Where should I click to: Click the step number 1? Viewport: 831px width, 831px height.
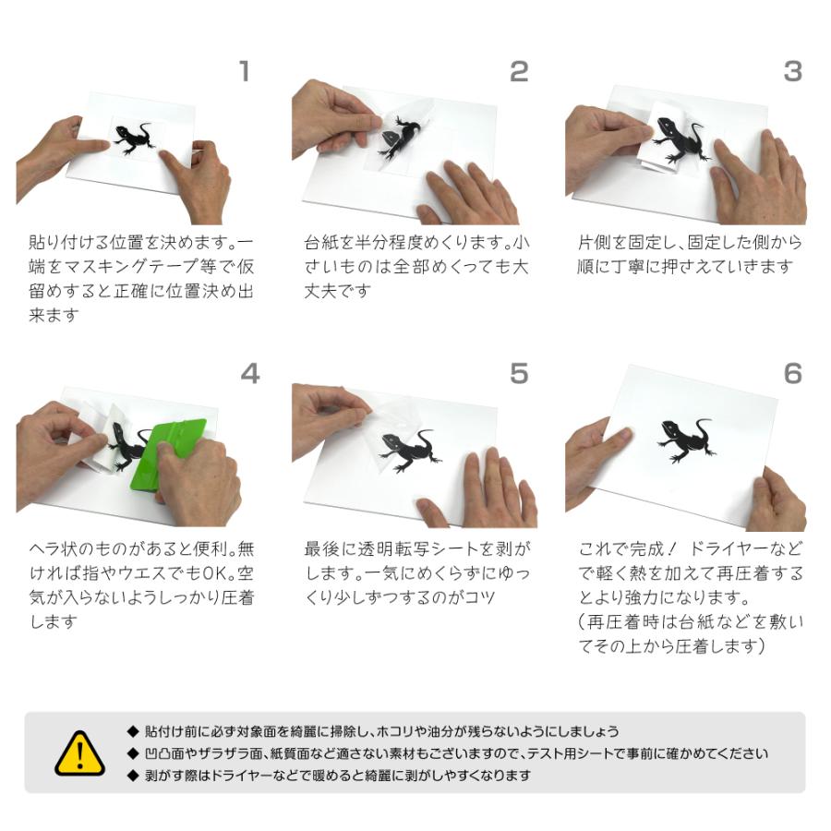tap(244, 71)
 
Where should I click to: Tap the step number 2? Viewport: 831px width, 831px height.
tap(519, 71)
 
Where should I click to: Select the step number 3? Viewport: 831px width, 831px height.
tap(792, 71)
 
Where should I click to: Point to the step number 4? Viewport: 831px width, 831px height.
tap(249, 373)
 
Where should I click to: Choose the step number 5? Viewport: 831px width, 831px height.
tap(519, 373)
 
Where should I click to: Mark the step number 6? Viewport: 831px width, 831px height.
tap(792, 373)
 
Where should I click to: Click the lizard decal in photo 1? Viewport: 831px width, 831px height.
tap(137, 138)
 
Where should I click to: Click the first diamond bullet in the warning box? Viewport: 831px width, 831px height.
tap(133, 731)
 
